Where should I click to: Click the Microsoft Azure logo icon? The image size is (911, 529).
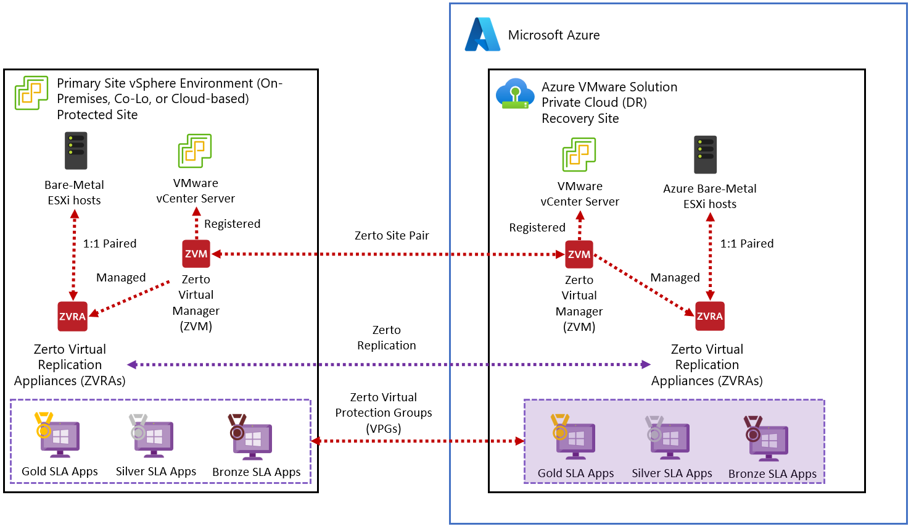482,35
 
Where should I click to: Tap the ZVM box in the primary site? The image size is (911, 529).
196,254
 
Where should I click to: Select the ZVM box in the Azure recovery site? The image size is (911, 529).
579,254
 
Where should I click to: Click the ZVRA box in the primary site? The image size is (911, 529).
72,317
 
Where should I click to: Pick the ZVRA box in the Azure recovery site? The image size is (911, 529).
709,317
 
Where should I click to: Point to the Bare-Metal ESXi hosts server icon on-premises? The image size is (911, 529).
76,151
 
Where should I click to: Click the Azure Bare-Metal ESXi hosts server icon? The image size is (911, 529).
705,154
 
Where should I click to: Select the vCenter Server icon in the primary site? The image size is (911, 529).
195,151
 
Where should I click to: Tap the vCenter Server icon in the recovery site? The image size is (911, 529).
579,154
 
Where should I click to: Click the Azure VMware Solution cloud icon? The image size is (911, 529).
515,94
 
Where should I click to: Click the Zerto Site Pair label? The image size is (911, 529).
392,235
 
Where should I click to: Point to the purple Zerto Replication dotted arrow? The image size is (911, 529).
389,364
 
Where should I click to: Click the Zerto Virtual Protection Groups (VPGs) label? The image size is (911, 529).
384,412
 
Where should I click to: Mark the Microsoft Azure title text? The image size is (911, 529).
553,35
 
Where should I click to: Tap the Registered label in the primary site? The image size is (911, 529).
232,223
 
